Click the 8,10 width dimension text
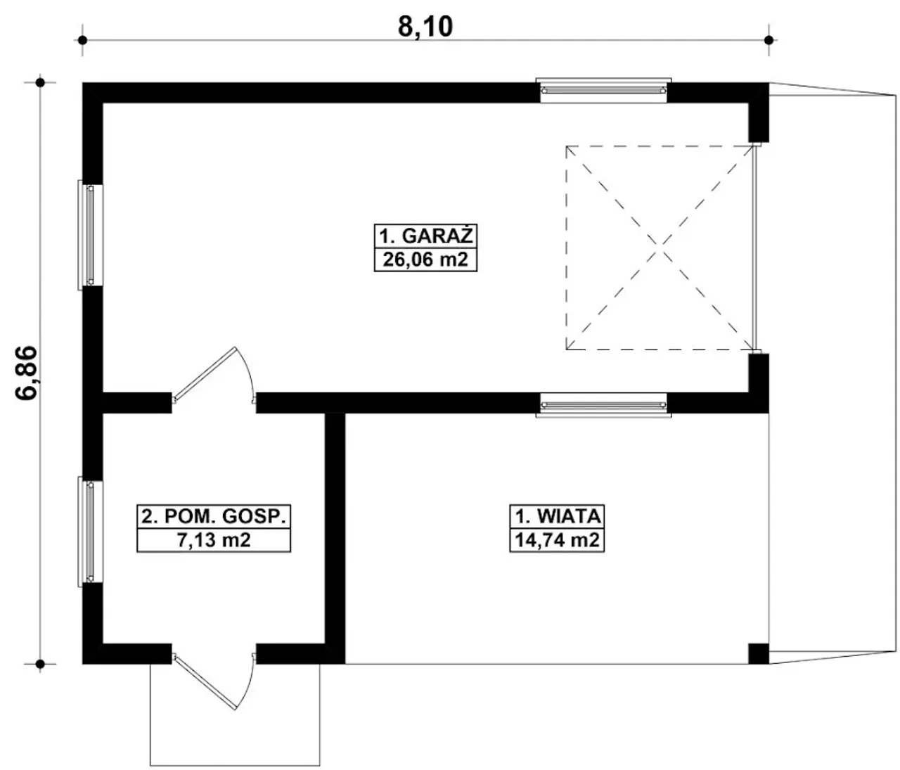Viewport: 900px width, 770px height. pyautogui.click(x=425, y=27)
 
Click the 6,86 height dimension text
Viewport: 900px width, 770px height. pyautogui.click(x=26, y=373)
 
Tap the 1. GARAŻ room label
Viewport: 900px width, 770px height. pyautogui.click(x=425, y=236)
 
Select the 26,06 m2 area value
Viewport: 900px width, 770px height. pyautogui.click(x=425, y=259)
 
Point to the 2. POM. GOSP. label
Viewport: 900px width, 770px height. pyautogui.click(x=213, y=517)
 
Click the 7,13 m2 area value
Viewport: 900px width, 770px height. pyautogui.click(x=213, y=540)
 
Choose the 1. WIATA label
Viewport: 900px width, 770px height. pyautogui.click(x=558, y=517)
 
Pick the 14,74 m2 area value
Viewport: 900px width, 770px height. pyautogui.click(x=558, y=540)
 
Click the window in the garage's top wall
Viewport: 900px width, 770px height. pyautogui.click(x=603, y=91)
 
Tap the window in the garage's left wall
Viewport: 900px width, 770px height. pyautogui.click(x=91, y=235)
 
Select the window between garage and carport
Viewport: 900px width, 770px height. pyautogui.click(x=603, y=405)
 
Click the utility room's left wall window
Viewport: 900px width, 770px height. pyautogui.click(x=91, y=532)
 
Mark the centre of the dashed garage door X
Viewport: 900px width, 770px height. pyautogui.click(x=660, y=248)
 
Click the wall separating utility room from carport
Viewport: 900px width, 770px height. pyautogui.click(x=335, y=539)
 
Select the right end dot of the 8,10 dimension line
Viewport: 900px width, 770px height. pyautogui.click(x=769, y=41)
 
